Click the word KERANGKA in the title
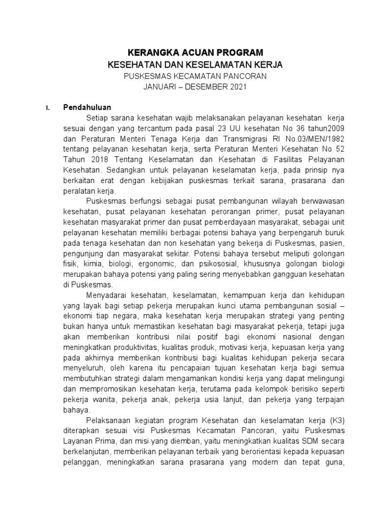(x=150, y=52)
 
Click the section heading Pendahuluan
(x=87, y=107)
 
